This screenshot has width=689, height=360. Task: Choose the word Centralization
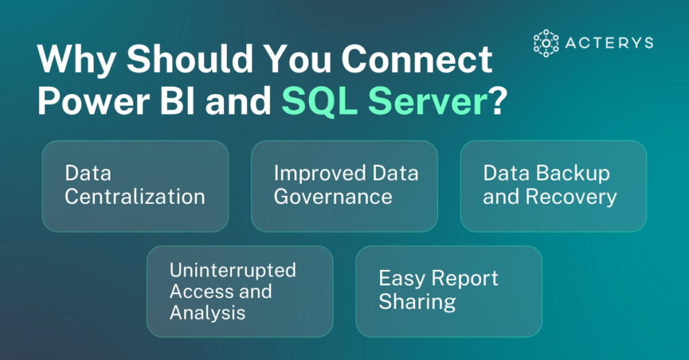(x=135, y=196)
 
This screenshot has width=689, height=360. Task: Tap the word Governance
(x=332, y=196)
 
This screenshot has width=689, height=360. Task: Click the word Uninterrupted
(x=233, y=271)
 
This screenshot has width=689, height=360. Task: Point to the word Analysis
(x=207, y=312)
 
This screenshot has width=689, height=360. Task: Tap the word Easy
(x=402, y=279)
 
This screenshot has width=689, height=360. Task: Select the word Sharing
(x=417, y=301)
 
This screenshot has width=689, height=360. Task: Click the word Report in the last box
(x=466, y=279)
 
